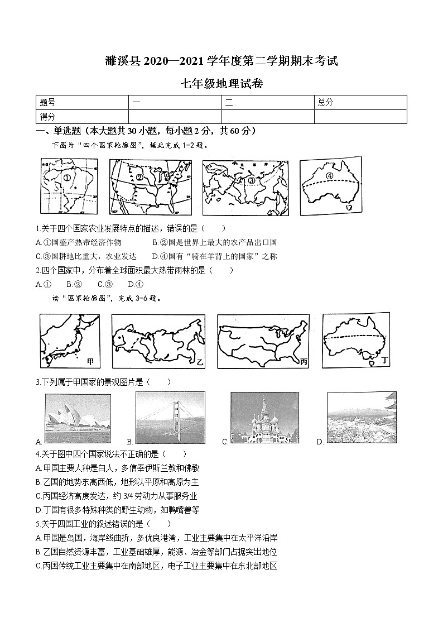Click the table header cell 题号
(48, 102)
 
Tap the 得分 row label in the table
(48, 116)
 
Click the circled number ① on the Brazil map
(66, 179)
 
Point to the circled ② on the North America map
(140, 178)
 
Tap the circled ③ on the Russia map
(251, 180)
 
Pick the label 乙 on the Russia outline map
(200, 362)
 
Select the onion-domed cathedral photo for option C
(264, 418)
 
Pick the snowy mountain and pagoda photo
(362, 417)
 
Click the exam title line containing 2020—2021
(221, 61)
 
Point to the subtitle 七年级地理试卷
(222, 84)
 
